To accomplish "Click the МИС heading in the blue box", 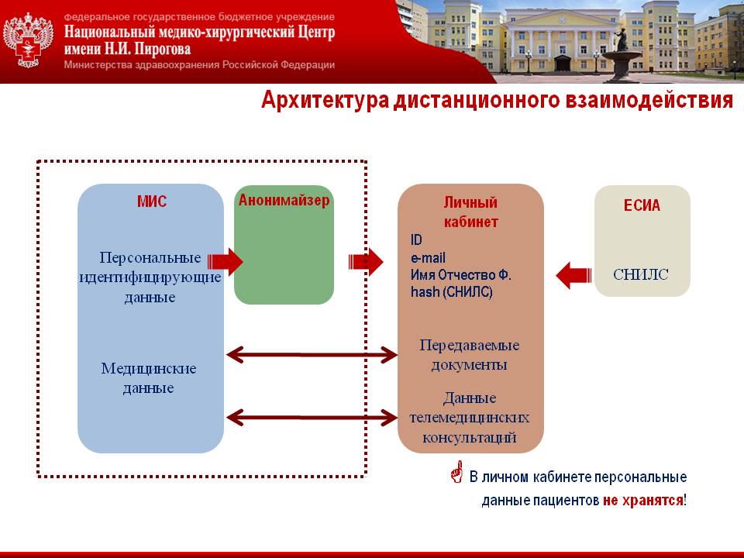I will click(150, 202).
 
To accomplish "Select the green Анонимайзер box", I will click(284, 256).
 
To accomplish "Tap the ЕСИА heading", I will click(642, 206).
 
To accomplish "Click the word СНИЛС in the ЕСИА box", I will click(641, 274).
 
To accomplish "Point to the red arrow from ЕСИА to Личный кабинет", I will click(573, 274).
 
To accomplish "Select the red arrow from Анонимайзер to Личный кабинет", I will click(366, 262).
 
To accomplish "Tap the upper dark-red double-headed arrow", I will click(312, 356).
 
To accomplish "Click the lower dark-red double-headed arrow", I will click(312, 418).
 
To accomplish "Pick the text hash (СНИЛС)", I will click(451, 292).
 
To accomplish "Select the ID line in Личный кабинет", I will click(416, 241).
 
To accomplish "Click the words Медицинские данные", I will click(149, 377).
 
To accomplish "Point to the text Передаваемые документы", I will click(469, 354).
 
